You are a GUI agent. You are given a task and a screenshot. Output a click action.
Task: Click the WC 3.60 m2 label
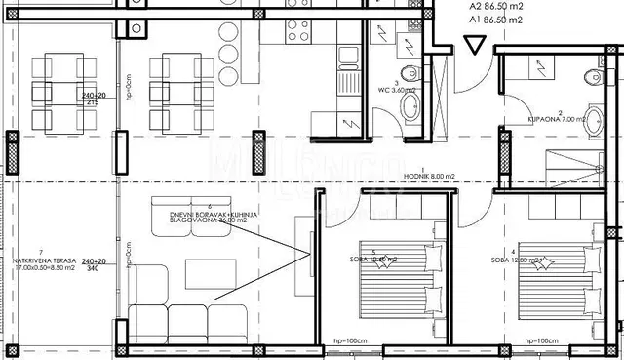(x=399, y=89)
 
